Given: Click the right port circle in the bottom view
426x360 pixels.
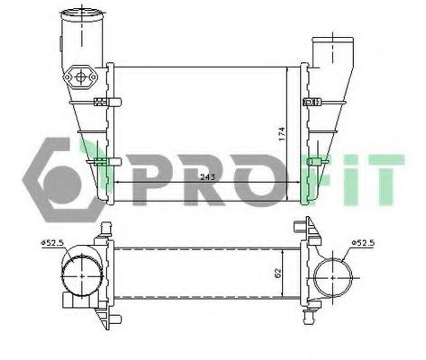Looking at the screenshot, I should click(336, 275).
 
